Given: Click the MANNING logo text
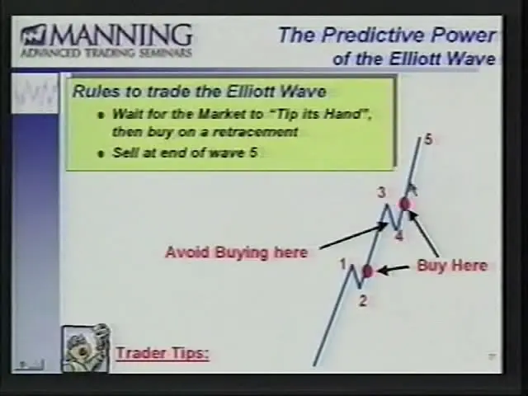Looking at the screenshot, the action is [121, 35].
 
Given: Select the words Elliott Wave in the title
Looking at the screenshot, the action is [442, 59].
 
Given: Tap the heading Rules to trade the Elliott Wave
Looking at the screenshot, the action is [200, 92].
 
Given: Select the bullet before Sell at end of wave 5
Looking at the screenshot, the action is [100, 154].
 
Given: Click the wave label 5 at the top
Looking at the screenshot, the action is [428, 139].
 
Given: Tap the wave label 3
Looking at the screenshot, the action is [381, 193].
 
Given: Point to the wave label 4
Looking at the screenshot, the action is [399, 236].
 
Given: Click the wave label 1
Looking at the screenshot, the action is [343, 264].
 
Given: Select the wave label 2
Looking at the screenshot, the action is [362, 300].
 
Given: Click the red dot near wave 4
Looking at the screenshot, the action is [404, 204].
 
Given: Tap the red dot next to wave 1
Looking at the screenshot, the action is [367, 271].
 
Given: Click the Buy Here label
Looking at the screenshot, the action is [452, 266].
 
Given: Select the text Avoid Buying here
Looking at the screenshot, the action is [237, 252].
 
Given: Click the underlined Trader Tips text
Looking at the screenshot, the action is [163, 354].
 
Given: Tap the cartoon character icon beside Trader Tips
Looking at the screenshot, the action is [86, 348].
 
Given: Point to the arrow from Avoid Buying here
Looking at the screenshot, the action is [354, 236].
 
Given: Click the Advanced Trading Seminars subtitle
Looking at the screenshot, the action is [106, 53].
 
